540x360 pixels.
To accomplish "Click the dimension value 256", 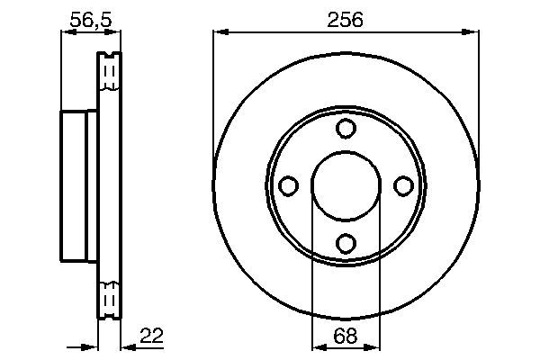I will tap(346, 19).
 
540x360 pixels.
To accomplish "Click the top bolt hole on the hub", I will tap(346, 129).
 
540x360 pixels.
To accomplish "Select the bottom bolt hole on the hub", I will tap(346, 243).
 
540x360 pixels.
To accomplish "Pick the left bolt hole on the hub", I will tap(289, 185).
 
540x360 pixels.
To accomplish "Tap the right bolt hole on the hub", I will tap(402, 185).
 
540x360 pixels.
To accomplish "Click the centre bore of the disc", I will tap(346, 185).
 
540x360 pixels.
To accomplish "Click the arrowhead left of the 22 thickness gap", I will tap(91, 346).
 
